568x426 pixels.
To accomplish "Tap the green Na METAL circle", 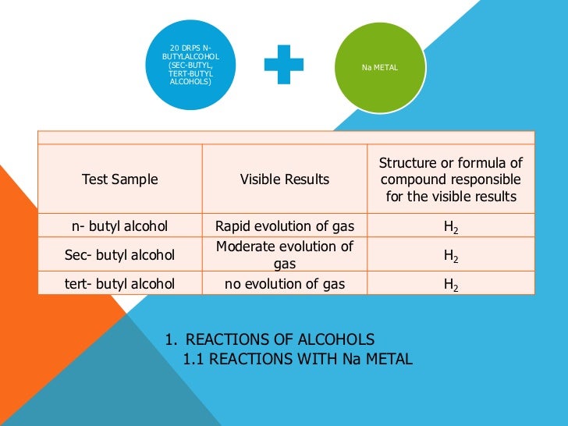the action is [379, 68].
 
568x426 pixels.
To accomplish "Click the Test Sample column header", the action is [120, 179].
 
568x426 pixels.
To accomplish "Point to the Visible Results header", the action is [285, 179].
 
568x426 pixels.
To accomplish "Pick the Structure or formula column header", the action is [451, 179].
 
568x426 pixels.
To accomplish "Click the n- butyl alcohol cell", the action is [120, 227].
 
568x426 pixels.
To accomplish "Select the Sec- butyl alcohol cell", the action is [120, 255].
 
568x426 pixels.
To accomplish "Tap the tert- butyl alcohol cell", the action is [120, 284].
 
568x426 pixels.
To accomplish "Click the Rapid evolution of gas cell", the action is [285, 227].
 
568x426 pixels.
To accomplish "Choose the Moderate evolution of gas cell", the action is [285, 255].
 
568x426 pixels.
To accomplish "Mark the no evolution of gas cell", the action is [285, 284].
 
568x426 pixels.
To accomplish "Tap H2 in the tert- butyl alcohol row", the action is [451, 285].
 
